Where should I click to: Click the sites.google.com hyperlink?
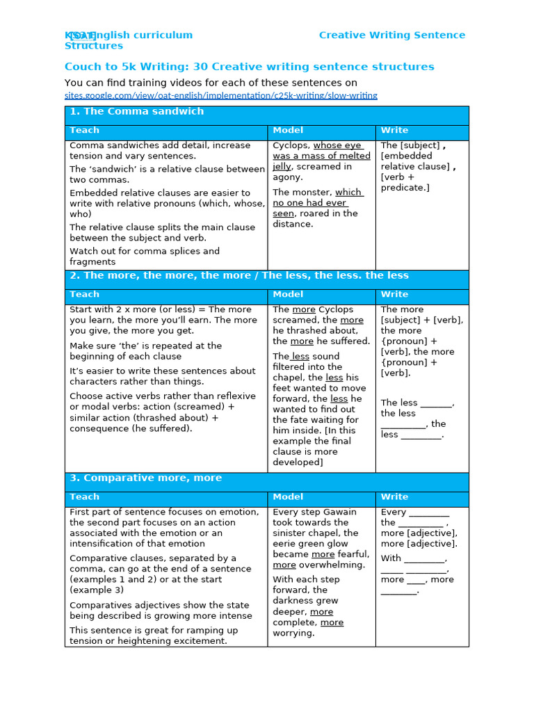coord(220,95)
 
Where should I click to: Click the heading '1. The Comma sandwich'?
coord(136,111)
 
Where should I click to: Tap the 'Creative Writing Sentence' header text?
coord(392,35)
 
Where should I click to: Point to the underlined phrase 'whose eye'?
coord(337,145)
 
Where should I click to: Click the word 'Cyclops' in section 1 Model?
coord(290,145)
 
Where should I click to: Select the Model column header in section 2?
coord(288,294)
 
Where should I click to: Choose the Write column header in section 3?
coord(394,496)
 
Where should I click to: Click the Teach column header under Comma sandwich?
coord(84,130)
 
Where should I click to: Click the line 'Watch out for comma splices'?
coord(144,251)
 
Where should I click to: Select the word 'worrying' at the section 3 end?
coord(293,633)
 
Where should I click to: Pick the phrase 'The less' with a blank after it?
coord(399,403)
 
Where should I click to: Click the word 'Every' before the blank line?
coord(393,512)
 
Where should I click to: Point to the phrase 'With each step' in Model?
coord(306,579)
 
